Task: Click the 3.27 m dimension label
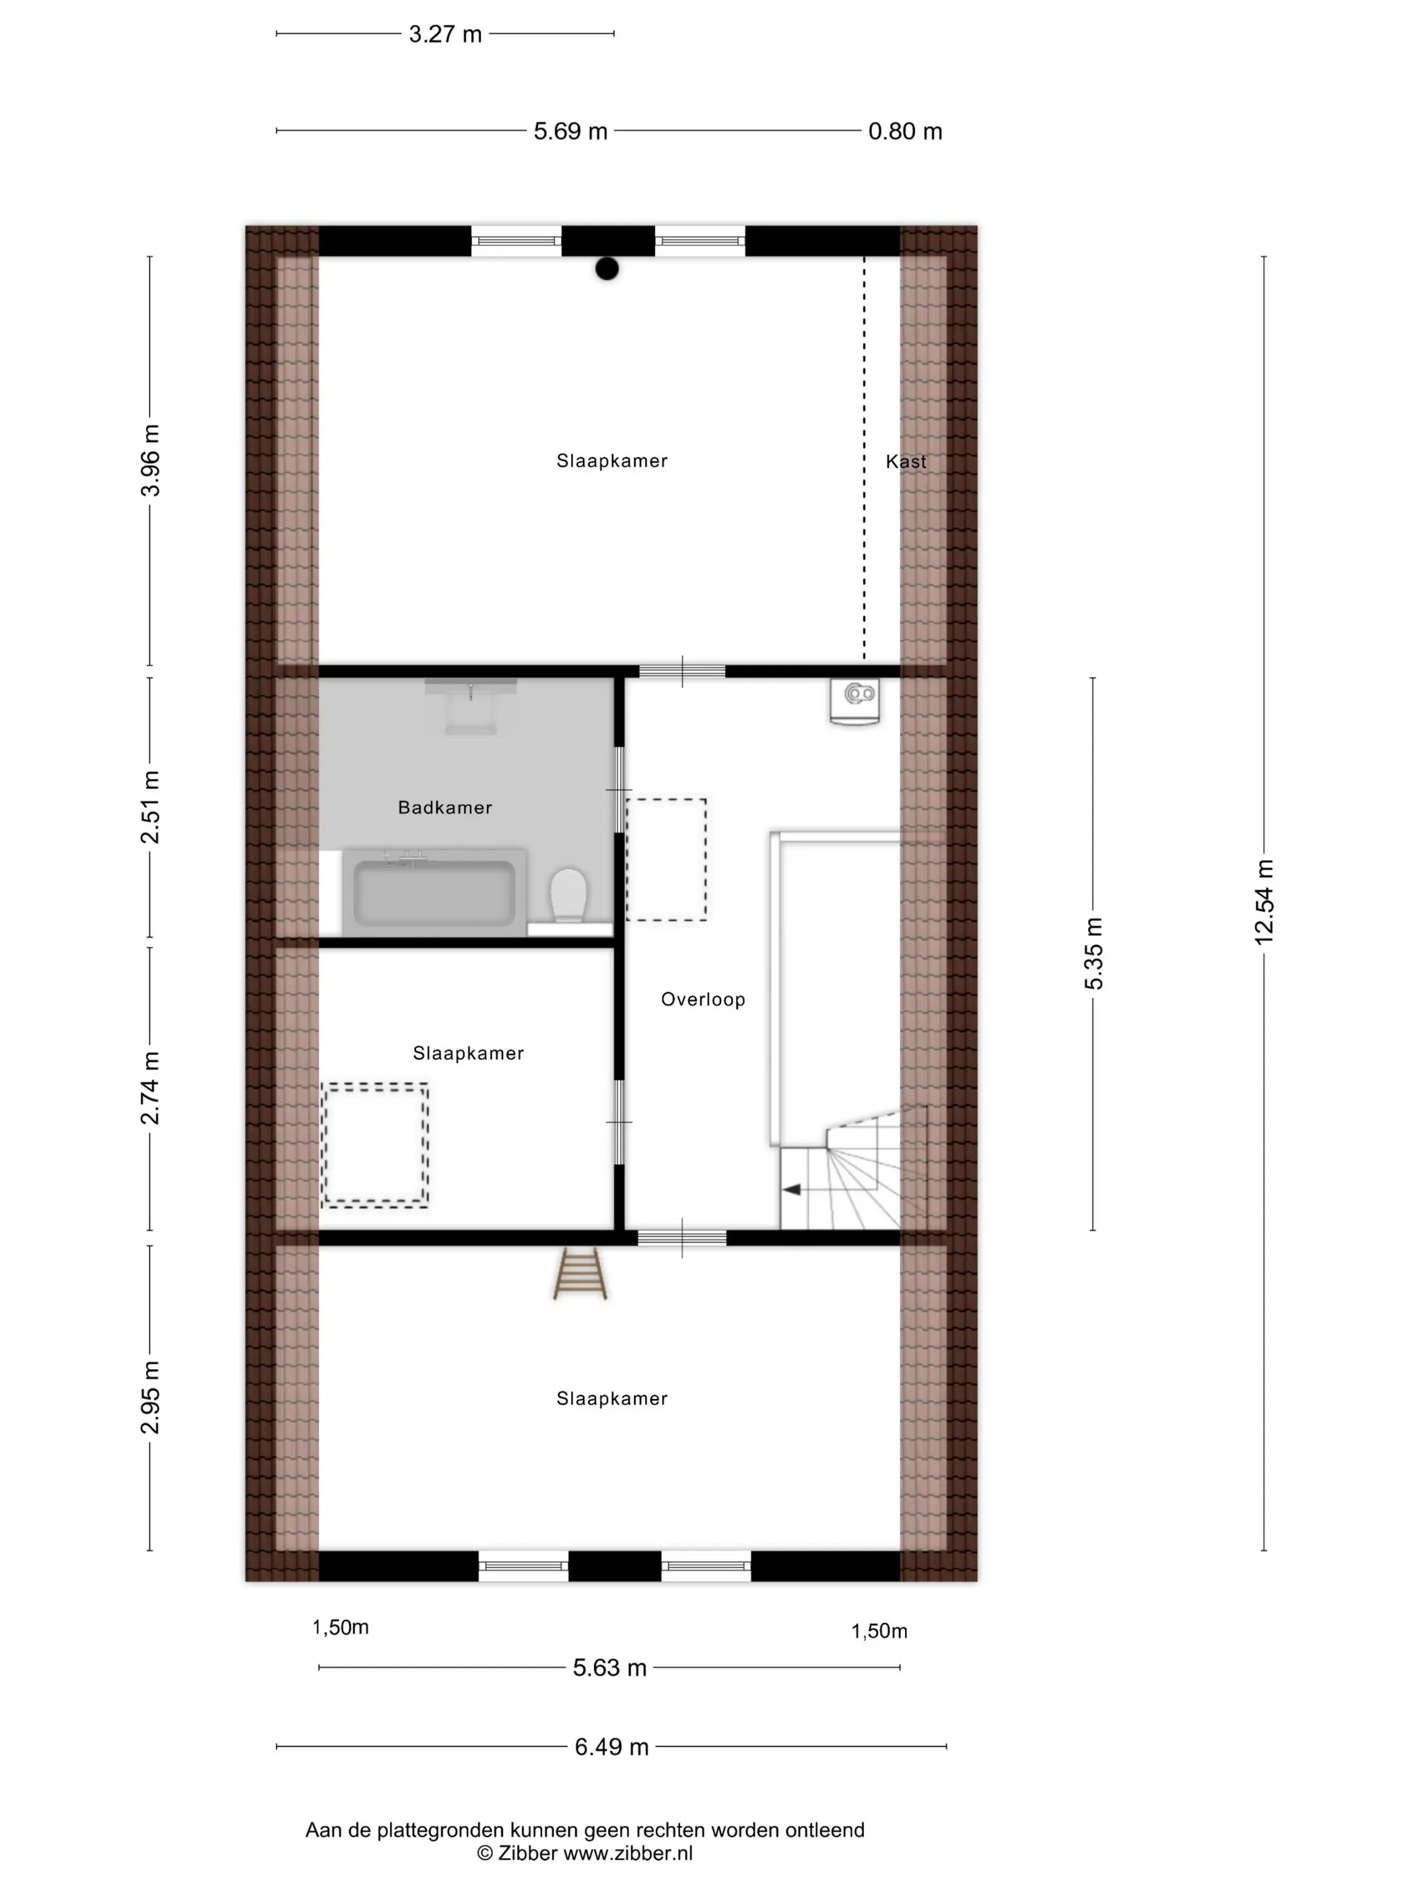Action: (x=445, y=34)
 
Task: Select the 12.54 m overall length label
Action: (x=1263, y=901)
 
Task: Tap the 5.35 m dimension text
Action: (x=1093, y=953)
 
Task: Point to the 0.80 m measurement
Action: (x=905, y=131)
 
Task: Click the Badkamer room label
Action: (x=445, y=807)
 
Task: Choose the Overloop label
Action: (x=703, y=1000)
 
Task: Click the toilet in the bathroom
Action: (x=568, y=895)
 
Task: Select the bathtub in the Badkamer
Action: (x=434, y=891)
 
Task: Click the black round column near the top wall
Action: (x=607, y=269)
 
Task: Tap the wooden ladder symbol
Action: (x=580, y=1274)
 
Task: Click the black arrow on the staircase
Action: (x=792, y=1190)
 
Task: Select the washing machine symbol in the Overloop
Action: (x=855, y=701)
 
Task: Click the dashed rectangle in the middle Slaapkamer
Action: (x=375, y=1144)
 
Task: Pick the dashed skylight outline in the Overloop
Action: (x=667, y=859)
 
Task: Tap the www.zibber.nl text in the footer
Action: (x=628, y=1853)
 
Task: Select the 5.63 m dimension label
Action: (x=609, y=1668)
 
